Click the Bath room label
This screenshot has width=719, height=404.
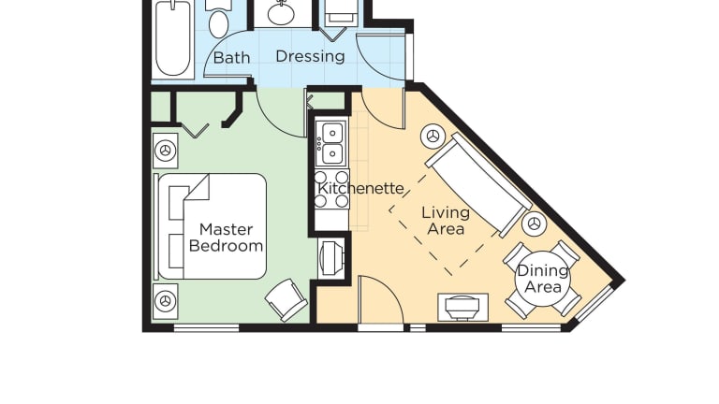point(231,58)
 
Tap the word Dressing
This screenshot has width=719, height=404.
point(310,57)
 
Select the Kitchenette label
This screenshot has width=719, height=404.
point(360,188)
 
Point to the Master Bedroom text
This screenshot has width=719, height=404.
point(226,238)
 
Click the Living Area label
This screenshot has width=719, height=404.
point(446,221)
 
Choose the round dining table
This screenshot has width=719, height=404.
point(542,279)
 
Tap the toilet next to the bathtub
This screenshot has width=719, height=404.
point(218,20)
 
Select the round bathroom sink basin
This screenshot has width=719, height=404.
point(281,14)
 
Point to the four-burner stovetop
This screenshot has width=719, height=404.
point(331,189)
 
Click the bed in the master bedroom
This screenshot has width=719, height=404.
point(213,226)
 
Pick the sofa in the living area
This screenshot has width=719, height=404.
point(478,185)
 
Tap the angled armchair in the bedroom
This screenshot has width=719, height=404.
point(286,299)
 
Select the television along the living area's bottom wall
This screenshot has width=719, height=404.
point(462,308)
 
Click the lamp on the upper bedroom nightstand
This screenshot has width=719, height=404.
point(165,151)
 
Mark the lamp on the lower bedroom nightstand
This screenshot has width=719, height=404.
point(165,301)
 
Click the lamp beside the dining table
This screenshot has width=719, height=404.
point(535,224)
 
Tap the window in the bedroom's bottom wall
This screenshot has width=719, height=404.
point(207,328)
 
